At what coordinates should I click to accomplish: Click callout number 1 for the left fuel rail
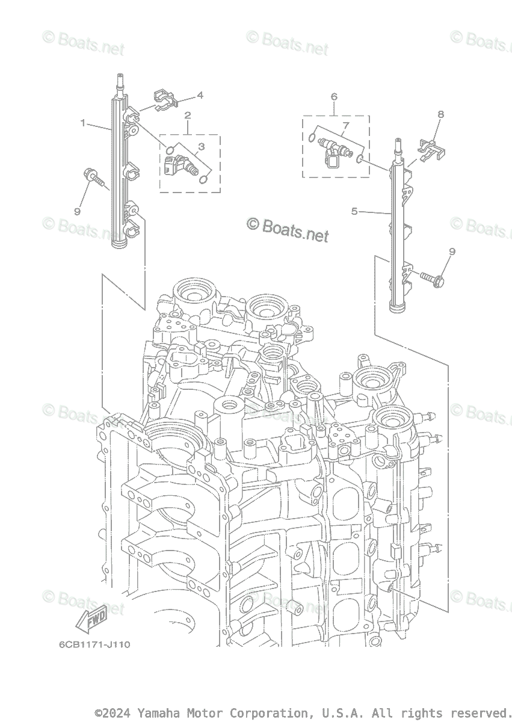click(83, 123)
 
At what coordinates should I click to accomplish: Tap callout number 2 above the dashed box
click(188, 115)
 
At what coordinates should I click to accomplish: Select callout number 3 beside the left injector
click(202, 146)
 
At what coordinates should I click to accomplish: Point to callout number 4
click(200, 95)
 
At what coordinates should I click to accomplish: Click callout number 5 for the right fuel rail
click(354, 211)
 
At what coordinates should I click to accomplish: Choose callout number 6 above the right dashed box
click(334, 96)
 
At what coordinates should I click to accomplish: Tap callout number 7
click(345, 126)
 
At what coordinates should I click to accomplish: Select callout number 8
click(441, 114)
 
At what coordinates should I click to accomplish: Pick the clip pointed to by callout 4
click(164, 100)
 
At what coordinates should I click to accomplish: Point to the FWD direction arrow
click(91, 620)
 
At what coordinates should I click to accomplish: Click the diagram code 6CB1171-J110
click(94, 644)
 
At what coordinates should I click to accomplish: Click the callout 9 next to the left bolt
click(77, 212)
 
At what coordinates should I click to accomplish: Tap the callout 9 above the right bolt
click(452, 251)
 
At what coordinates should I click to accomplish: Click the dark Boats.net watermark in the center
click(289, 229)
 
